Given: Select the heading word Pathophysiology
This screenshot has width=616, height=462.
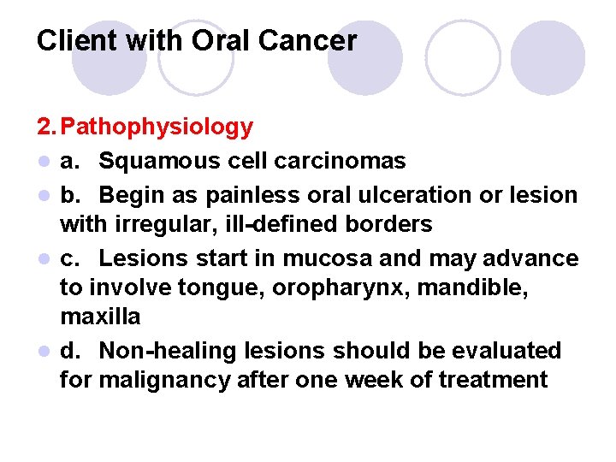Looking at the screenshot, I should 158,127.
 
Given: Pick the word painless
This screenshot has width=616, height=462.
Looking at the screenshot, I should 245,194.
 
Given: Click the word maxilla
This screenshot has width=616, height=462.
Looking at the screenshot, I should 100,317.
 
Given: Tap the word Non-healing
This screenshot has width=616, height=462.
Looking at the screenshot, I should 169,351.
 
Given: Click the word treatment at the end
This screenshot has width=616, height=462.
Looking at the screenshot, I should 493,380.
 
